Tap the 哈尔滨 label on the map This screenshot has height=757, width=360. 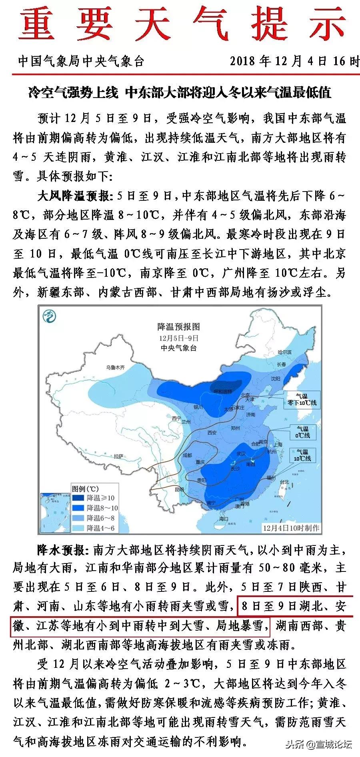click(x=285, y=352)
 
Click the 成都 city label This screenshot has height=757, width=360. click(x=187, y=455)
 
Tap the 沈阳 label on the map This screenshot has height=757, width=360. click(x=275, y=378)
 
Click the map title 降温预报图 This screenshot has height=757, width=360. click(x=178, y=327)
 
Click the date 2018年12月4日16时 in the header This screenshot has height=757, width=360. click(x=294, y=61)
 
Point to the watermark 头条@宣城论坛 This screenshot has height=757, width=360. click(x=318, y=744)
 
